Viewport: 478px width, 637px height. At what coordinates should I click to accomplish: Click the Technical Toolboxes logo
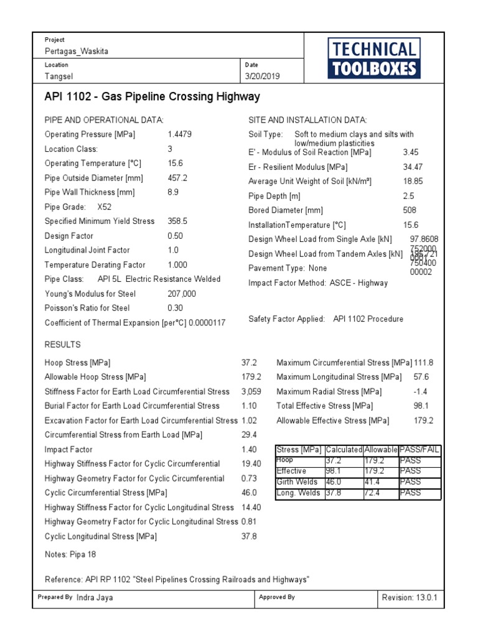tap(373, 58)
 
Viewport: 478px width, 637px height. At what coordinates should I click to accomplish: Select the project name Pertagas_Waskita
tap(76, 51)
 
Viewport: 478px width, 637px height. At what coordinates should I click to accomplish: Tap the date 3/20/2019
tap(263, 76)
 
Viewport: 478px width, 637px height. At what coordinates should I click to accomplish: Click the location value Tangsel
tap(59, 76)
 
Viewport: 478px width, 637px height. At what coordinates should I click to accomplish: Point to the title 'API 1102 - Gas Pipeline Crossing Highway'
tap(152, 97)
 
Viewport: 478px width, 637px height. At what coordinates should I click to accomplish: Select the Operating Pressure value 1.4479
tap(181, 134)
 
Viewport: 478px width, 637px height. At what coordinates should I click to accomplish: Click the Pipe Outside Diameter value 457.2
tap(177, 178)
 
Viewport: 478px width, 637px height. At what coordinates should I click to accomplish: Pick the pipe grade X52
tap(105, 207)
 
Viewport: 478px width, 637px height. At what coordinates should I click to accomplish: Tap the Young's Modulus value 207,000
tap(182, 294)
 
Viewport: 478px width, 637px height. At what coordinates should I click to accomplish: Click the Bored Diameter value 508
tap(410, 210)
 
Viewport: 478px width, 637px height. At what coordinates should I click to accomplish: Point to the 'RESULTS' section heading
tap(63, 345)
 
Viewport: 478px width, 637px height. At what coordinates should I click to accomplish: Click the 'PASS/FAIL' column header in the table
tap(419, 450)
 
